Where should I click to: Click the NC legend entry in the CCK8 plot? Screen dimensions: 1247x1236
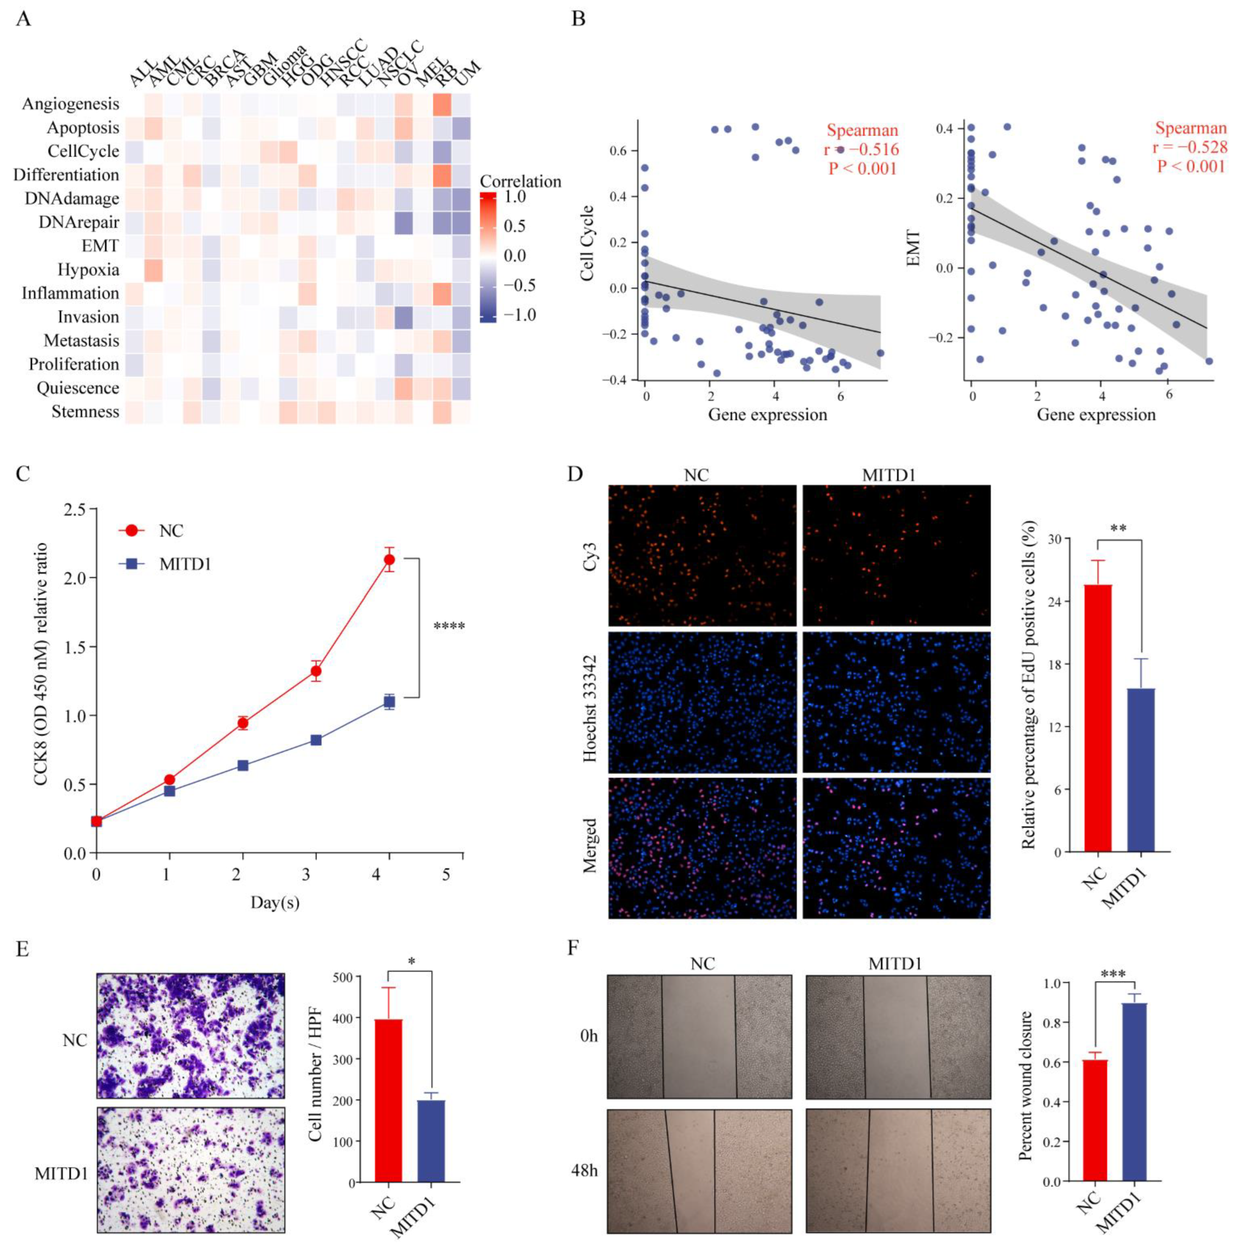tap(171, 531)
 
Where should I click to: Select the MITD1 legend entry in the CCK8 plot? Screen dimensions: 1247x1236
tap(185, 564)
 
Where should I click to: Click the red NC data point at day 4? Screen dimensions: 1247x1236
tap(389, 560)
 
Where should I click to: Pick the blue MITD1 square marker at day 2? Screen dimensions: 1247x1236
tap(243, 765)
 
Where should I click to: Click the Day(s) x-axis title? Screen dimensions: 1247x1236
tap(275, 902)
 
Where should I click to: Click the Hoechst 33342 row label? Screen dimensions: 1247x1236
tap(590, 703)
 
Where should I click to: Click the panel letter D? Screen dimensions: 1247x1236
tap(575, 474)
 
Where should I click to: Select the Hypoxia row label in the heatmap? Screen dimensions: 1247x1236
tap(89, 269)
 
